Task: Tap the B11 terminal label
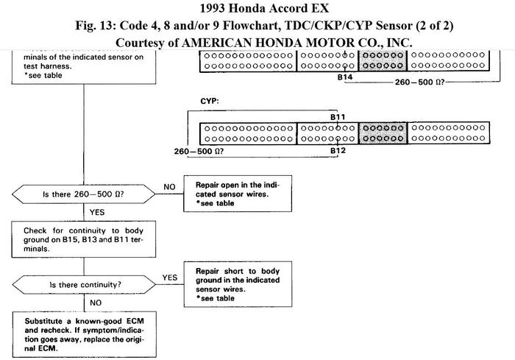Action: pos(338,116)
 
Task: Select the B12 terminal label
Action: pos(338,150)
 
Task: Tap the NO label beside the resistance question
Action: pos(169,186)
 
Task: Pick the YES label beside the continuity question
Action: pos(169,278)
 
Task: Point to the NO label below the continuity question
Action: pos(95,301)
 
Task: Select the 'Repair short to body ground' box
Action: pos(236,283)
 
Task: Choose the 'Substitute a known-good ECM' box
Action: pos(83,332)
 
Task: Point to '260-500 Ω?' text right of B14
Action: pos(422,82)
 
